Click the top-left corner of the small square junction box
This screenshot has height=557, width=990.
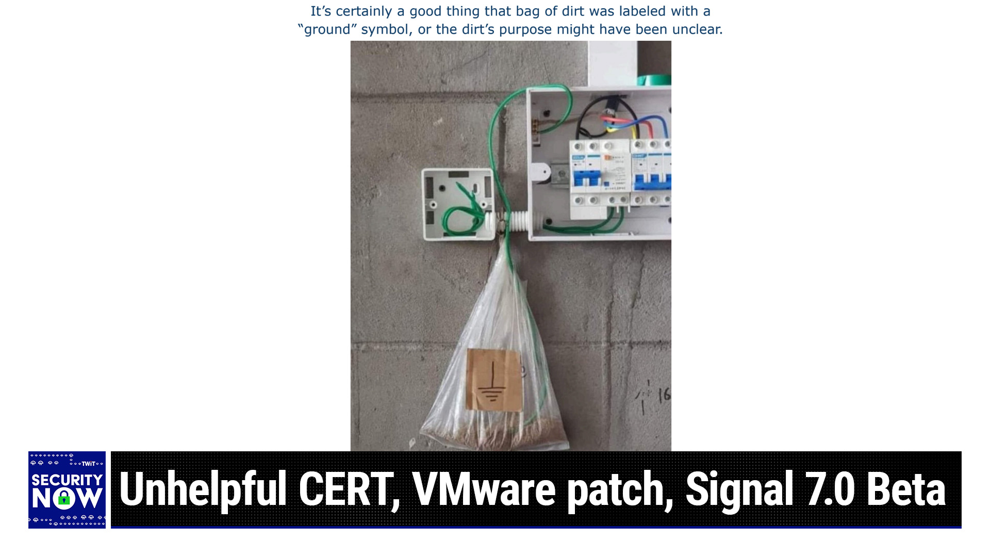(422, 170)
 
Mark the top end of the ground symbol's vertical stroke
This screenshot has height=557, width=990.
(492, 361)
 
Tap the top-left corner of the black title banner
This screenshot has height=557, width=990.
(111, 452)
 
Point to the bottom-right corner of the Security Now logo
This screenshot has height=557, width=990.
(105, 528)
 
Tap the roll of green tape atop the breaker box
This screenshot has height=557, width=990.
(654, 80)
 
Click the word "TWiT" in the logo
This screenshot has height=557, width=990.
(89, 464)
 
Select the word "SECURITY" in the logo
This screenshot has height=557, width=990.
(67, 480)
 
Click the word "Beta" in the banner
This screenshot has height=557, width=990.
(906, 488)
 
